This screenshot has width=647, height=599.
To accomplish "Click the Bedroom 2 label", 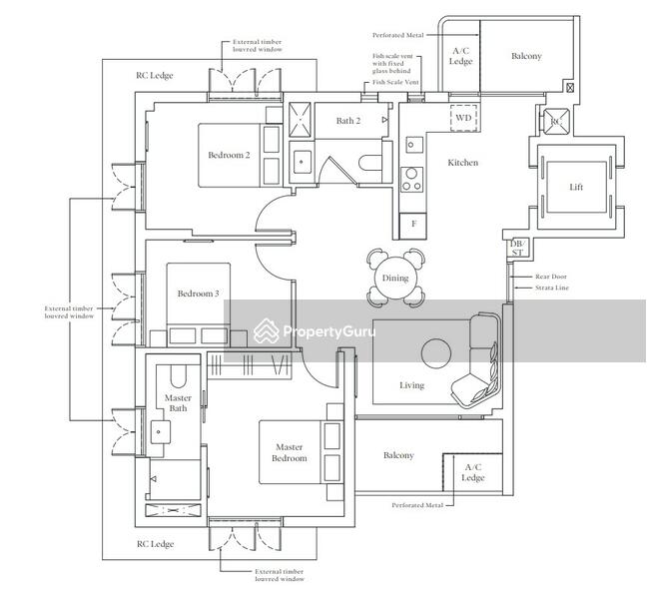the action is (x=229, y=155).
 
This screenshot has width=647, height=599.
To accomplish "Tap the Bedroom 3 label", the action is (x=198, y=294).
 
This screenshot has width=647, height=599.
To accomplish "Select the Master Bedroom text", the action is (x=290, y=452).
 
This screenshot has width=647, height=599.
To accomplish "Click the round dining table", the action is (x=394, y=279).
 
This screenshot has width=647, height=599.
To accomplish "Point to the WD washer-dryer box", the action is (x=463, y=118).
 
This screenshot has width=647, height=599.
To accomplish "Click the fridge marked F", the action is (x=413, y=225).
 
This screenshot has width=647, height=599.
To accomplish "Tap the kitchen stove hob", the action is (x=411, y=180).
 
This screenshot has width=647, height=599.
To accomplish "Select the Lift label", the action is (x=576, y=187).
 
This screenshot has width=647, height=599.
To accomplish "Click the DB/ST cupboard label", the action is (x=517, y=248).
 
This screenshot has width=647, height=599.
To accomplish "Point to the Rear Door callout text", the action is (x=551, y=277).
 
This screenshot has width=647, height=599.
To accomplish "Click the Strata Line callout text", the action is (x=552, y=288).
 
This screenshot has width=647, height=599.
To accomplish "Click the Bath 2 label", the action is (x=348, y=121).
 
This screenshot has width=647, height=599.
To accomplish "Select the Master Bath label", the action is (x=178, y=403).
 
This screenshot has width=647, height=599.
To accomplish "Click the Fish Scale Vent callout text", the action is (x=395, y=82).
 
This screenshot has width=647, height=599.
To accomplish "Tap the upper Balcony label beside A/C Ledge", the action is (x=526, y=56).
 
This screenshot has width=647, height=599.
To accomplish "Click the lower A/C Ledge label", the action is (x=473, y=472).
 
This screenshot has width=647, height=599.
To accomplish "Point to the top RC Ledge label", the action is (x=155, y=76).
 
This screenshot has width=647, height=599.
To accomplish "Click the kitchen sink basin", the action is (x=411, y=145).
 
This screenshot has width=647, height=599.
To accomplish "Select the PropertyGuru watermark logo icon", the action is (x=266, y=330).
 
